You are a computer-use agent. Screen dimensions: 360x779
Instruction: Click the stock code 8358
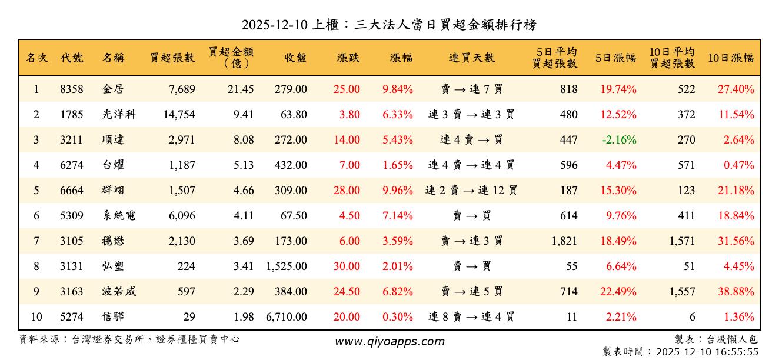(x=72, y=89)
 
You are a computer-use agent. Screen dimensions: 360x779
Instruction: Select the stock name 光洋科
(x=119, y=115)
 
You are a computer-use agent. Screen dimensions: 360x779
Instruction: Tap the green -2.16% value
(x=619, y=140)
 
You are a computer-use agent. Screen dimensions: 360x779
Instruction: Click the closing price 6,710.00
(x=287, y=317)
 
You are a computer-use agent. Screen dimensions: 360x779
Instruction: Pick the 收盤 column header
(x=295, y=58)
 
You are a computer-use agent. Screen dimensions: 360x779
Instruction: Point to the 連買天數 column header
(x=472, y=58)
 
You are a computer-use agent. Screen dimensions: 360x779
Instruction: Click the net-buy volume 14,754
(x=179, y=115)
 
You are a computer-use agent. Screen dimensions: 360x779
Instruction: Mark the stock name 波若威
(x=119, y=292)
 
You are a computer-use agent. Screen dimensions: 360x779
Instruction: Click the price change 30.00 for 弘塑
(x=347, y=266)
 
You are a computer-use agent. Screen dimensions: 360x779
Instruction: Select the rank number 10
(x=36, y=317)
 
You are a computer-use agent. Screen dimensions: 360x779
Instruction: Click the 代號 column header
(x=72, y=58)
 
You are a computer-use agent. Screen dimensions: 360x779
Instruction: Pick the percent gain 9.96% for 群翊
(x=398, y=191)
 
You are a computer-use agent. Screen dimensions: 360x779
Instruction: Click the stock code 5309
(x=72, y=216)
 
